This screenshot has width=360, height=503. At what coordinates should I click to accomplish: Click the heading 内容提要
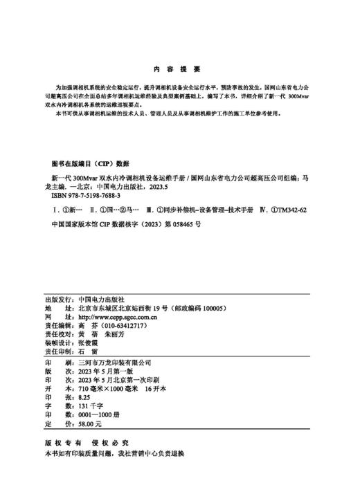(x=179, y=69)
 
